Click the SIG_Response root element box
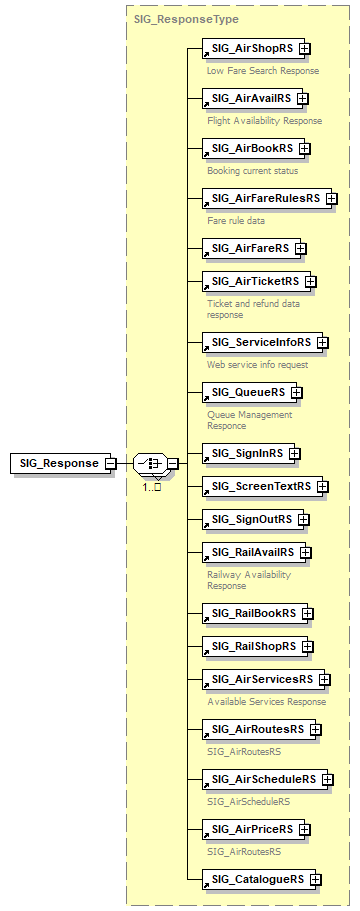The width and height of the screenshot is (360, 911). (59, 463)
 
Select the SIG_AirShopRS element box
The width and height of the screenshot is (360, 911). (249, 48)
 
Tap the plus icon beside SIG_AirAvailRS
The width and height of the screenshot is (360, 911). (302, 98)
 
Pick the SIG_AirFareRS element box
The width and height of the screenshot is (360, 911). (250, 247)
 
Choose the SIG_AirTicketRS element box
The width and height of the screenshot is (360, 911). (254, 281)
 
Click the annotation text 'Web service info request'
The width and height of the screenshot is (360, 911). (257, 364)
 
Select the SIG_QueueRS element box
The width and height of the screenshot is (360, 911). (248, 392)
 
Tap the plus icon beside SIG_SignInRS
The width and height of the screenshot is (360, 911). (294, 453)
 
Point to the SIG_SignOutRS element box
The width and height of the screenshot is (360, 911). (252, 519)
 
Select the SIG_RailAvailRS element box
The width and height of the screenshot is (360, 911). (253, 552)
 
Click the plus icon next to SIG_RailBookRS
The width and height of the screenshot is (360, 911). (306, 613)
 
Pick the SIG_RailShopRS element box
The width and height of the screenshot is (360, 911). (254, 646)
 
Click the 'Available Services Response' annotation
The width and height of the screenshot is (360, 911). (266, 701)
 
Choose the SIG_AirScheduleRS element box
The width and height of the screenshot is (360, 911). (263, 779)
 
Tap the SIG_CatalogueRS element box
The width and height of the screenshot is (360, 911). (257, 879)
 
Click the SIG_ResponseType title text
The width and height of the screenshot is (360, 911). (172, 19)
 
